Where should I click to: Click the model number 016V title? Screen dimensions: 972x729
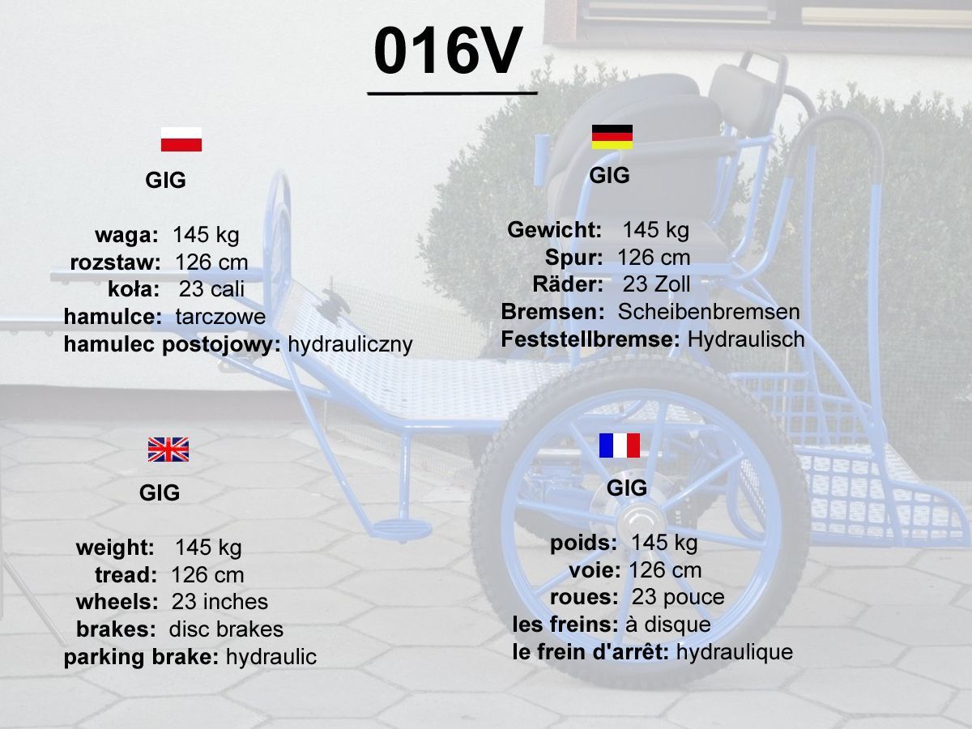[448, 51]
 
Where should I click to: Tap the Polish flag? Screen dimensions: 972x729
[181, 139]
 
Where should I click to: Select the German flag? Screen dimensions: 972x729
[612, 137]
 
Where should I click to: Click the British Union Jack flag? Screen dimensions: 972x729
[168, 450]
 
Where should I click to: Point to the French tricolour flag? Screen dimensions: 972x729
[619, 446]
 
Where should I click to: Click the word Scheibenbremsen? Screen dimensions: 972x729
[709, 312]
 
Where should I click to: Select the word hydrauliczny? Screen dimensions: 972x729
[350, 344]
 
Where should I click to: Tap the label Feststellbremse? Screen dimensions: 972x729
[590, 339]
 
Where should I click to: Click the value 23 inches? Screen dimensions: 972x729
[220, 602]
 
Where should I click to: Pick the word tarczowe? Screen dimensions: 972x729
[220, 317]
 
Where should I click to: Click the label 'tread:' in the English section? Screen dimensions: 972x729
[126, 575]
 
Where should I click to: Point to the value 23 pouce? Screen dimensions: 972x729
[677, 597]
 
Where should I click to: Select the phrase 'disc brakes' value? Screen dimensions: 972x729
[226, 629]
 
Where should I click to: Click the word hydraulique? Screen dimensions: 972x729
[734, 652]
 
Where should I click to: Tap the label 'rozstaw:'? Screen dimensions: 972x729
[115, 262]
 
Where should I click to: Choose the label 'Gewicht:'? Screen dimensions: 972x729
[554, 230]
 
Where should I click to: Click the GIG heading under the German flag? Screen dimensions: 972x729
[609, 175]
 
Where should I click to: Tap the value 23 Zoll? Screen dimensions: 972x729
[656, 284]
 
